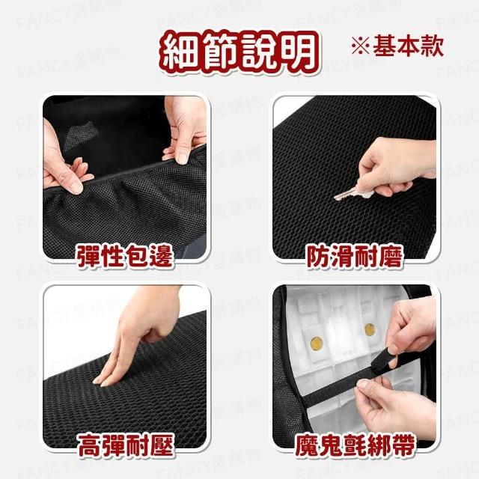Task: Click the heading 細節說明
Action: (239, 52)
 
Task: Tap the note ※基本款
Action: (397, 46)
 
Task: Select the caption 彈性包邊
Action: (125, 256)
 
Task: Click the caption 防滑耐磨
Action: (355, 256)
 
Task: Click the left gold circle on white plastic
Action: (317, 344)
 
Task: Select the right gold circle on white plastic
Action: (370, 329)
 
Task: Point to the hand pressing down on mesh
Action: (138, 336)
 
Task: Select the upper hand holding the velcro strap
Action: (412, 330)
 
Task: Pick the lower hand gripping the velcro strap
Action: (397, 406)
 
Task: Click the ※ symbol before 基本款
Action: (361, 46)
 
